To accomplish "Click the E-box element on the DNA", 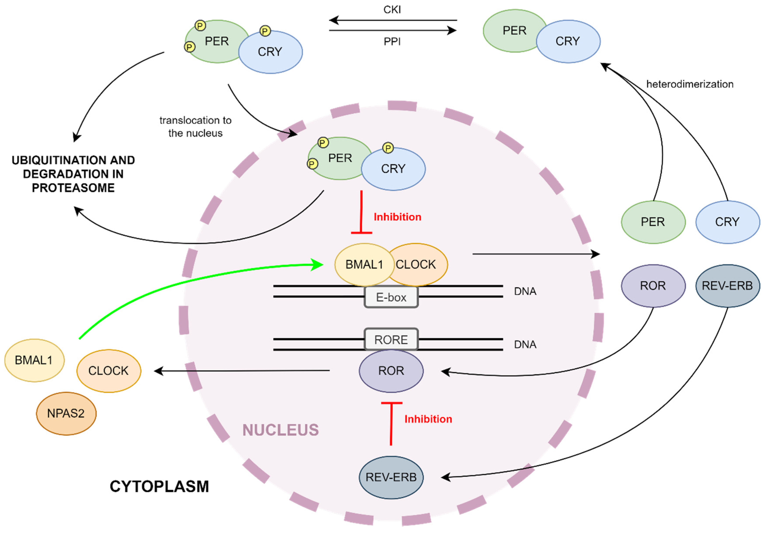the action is pos(391,297).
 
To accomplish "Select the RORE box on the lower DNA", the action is pos(391,339).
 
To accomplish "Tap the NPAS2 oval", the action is pos(66,413).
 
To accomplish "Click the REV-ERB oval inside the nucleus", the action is pos(391,477).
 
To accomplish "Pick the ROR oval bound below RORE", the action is pos(391,371).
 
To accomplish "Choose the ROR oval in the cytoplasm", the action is pos(653,286).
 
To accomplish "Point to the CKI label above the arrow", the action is pos(392,10).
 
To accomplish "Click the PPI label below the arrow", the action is pos(392,42).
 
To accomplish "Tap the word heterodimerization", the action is pos(690,84).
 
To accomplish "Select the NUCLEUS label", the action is pos(281,430).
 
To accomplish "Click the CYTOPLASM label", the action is pos(159,486).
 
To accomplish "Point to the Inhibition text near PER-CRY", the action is pos(398,217).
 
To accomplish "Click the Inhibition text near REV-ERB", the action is pos(428,419).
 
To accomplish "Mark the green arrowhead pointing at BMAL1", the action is pos(317,265).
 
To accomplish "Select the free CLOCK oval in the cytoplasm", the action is pos(109,371).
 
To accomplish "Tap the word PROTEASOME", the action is pos(73,188).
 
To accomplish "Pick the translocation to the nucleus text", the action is pos(195,127).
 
